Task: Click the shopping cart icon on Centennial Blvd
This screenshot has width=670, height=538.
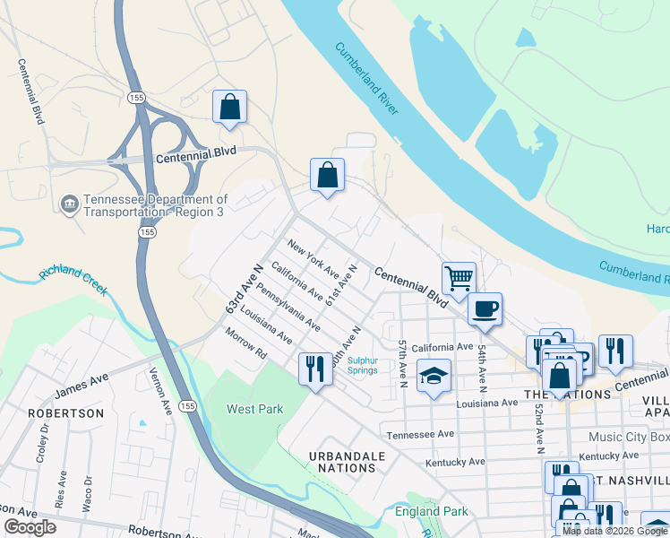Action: pyautogui.click(x=459, y=278)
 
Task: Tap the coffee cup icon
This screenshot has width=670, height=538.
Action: pyautogui.click(x=485, y=309)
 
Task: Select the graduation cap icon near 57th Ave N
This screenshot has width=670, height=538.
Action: pyautogui.click(x=434, y=376)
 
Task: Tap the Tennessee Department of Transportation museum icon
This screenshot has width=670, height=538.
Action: pyautogui.click(x=69, y=204)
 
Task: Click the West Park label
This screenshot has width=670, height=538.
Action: pyautogui.click(x=254, y=409)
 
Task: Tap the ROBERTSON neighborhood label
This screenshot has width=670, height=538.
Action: pyautogui.click(x=65, y=413)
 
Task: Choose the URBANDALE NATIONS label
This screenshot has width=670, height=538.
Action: pyautogui.click(x=347, y=462)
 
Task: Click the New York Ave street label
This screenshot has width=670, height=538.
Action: pyautogui.click(x=313, y=258)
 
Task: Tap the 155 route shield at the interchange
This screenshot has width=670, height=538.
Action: pyautogui.click(x=136, y=96)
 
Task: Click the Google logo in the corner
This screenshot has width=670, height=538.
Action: pyautogui.click(x=30, y=526)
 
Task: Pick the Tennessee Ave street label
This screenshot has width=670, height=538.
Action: pyautogui.click(x=421, y=435)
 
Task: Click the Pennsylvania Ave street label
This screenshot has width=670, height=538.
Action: pyautogui.click(x=288, y=307)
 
